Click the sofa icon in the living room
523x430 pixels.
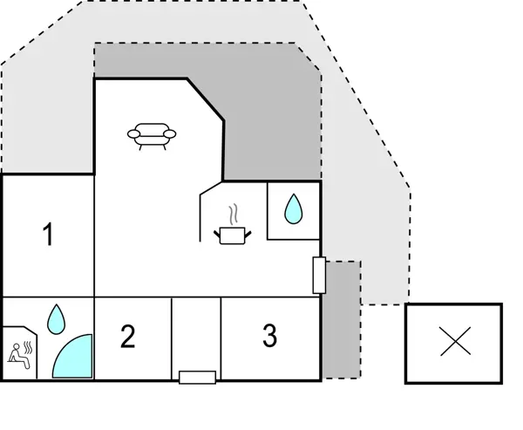coord(152,135)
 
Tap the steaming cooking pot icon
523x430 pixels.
coord(231,235)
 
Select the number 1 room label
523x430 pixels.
coord(49,235)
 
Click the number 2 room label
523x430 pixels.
coord(128,337)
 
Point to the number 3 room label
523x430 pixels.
coord(269,335)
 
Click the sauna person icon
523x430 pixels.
coord(17,353)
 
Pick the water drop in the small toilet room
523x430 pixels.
coord(293,209)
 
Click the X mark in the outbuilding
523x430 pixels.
coord(455,342)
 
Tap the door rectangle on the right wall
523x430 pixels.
coord(319,276)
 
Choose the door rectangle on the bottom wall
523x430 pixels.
coord(197,378)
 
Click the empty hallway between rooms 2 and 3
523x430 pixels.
coord(196,335)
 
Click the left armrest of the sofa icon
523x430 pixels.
coord(132,133)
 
